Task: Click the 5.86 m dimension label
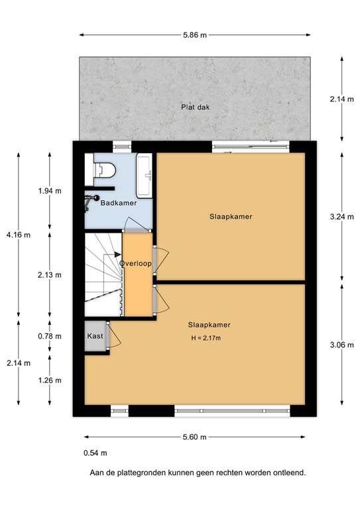coord(195,35)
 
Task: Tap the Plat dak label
coord(196,107)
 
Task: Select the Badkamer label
coord(119,203)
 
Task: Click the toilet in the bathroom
coord(105,170)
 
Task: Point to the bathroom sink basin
coord(145,176)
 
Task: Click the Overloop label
coord(136,263)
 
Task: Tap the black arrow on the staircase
coord(118,254)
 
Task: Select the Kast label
coord(95,336)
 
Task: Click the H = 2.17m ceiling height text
coord(206,338)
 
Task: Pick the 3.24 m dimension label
coord(342,217)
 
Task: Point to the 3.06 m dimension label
coord(342,345)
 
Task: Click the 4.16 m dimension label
coord(19,235)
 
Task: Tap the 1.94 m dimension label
coord(50,191)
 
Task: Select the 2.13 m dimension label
coord(50,275)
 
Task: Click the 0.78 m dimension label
coord(50,336)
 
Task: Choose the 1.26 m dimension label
coord(50,380)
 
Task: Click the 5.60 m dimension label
coord(195,437)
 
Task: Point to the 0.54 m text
coord(95,453)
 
